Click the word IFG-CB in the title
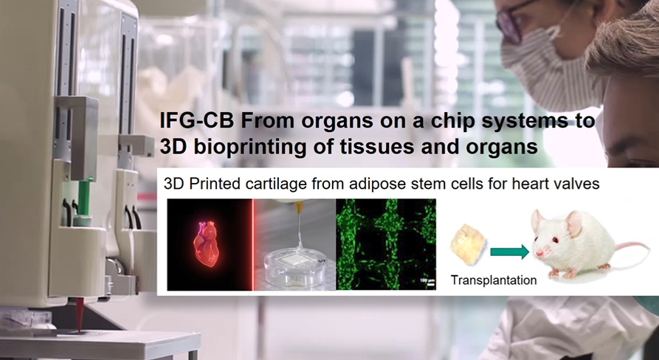coord(197,121)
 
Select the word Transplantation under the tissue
coord(494,280)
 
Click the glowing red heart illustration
coord(207,243)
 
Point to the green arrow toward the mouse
coord(509,252)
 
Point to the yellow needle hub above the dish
coord(299,207)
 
